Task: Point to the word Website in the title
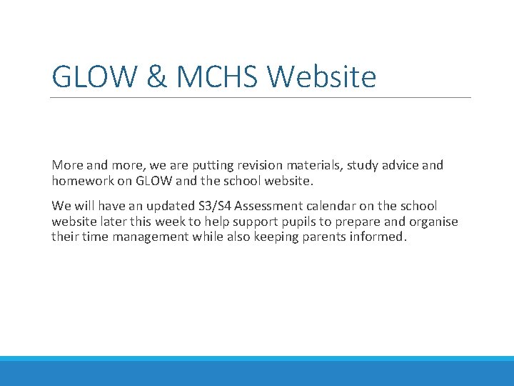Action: point(325,76)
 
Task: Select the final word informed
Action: point(376,236)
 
